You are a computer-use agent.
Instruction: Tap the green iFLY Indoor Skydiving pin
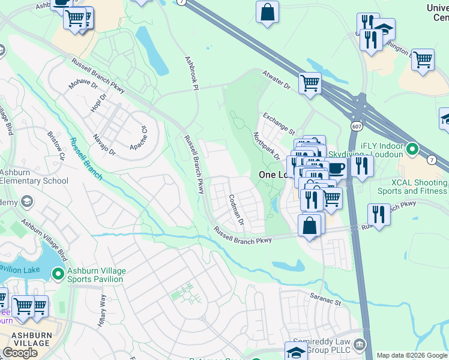tap(412, 148)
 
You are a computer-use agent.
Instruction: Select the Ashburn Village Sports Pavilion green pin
tap(58, 274)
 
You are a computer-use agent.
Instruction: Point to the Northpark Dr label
tap(267, 146)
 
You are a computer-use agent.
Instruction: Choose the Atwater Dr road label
tap(276, 80)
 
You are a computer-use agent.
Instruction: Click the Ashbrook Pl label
tap(191, 73)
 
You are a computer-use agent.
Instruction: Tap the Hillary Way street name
tap(102, 310)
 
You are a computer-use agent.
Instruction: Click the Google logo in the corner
tap(20, 352)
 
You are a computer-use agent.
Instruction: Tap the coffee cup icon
tap(336, 167)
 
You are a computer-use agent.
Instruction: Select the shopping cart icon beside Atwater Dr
tap(310, 83)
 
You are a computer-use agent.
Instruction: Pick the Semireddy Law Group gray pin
tap(360, 344)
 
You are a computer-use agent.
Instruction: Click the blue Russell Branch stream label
tap(86, 160)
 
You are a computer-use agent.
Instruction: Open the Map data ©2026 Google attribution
tap(412, 355)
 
